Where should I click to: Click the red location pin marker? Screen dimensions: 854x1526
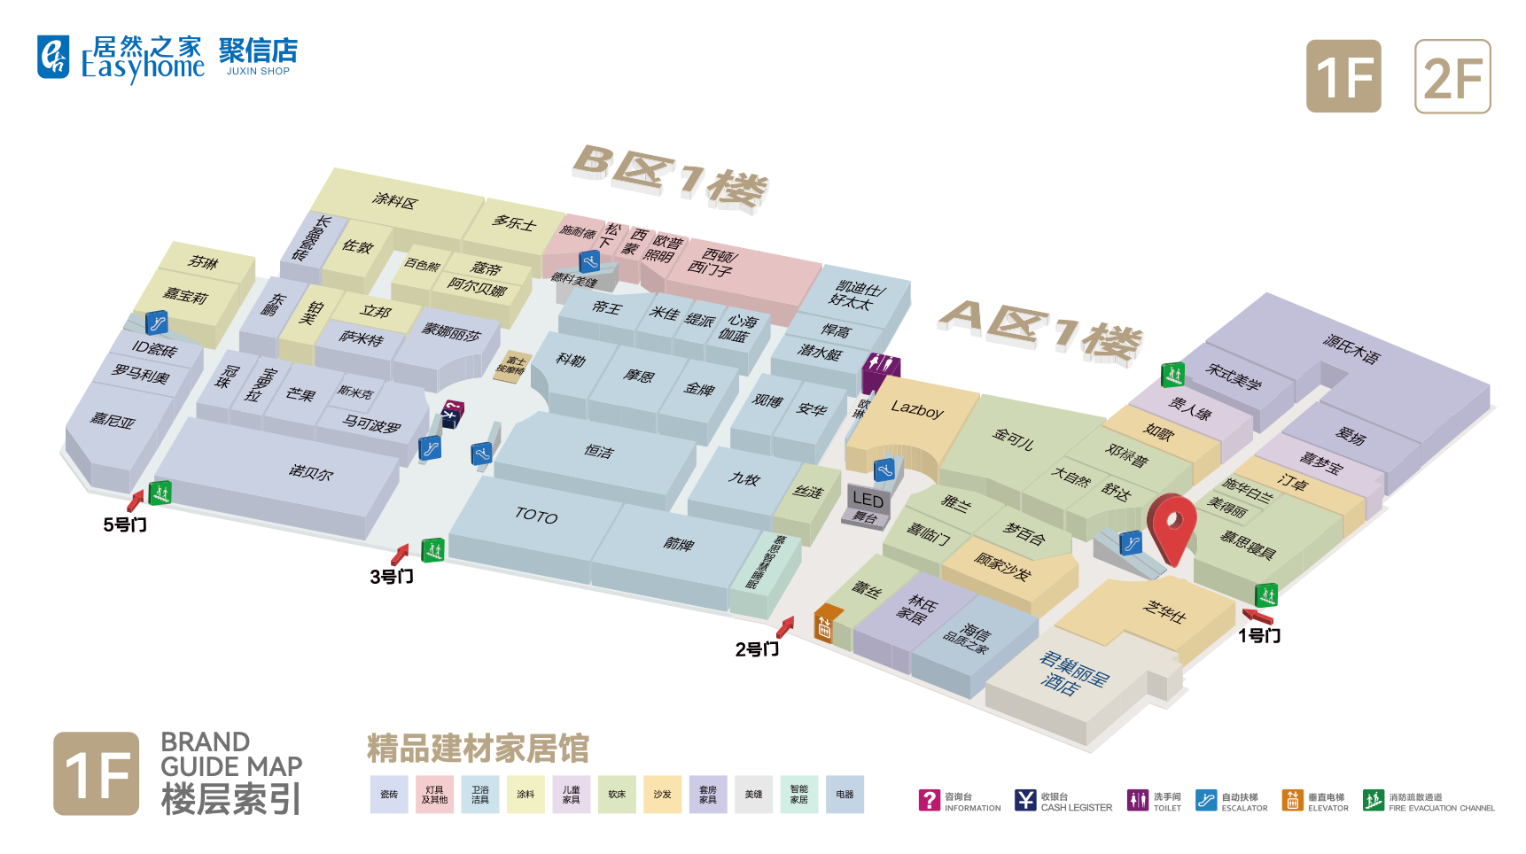point(1172,524)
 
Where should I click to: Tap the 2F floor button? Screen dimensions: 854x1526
point(1452,77)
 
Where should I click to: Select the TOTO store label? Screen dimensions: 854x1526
point(536,516)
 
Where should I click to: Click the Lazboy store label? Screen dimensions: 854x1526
point(917,409)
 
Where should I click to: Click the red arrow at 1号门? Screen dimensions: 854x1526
point(1257,616)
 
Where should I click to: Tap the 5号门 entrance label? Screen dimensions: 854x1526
point(125,524)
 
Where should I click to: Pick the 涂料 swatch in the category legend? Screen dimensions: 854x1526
point(526,795)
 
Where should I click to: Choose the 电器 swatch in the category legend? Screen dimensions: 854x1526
point(845,795)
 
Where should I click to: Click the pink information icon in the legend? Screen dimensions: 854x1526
point(929,800)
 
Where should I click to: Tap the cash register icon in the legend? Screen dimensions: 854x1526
point(1025,800)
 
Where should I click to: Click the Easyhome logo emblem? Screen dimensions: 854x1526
point(53,57)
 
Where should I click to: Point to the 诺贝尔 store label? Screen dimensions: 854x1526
point(311,472)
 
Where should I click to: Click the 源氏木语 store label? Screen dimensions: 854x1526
point(1351,349)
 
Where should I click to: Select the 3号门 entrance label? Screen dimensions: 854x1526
point(391,577)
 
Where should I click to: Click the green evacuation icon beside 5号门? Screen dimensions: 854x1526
point(160,493)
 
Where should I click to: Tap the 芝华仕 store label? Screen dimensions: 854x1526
point(1164,612)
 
